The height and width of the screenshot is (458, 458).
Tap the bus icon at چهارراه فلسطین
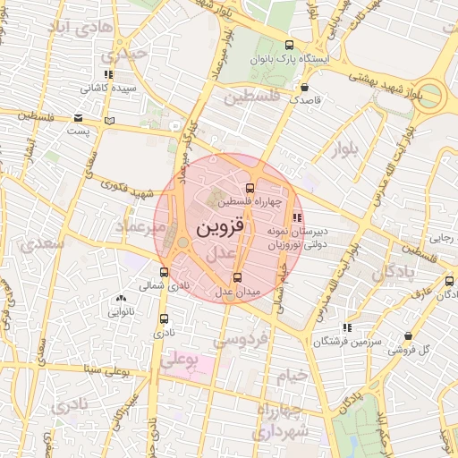click(250, 188)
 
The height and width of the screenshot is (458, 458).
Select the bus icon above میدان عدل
click(236, 276)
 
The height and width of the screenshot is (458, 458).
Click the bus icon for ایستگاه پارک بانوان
click(288, 45)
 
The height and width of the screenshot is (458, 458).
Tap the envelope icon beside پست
click(80, 118)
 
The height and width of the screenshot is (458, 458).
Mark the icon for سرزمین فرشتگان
click(347, 328)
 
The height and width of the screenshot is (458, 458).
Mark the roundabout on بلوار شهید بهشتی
click(432, 94)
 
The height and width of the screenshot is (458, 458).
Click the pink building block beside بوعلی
click(199, 366)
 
